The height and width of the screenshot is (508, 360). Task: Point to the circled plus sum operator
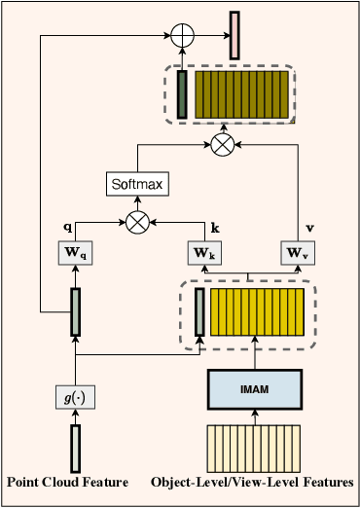pyautogui.click(x=182, y=38)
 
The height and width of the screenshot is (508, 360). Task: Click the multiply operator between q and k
pyautogui.click(x=138, y=222)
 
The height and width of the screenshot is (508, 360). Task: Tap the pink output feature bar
pyautogui.click(x=234, y=35)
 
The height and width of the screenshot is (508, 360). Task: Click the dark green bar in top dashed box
pyautogui.click(x=182, y=95)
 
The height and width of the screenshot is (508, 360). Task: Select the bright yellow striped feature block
pyautogui.click(x=258, y=313)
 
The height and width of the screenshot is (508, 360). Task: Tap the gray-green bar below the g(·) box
pyautogui.click(x=74, y=448)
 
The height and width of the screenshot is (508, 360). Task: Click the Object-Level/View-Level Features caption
pyautogui.click(x=253, y=482)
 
